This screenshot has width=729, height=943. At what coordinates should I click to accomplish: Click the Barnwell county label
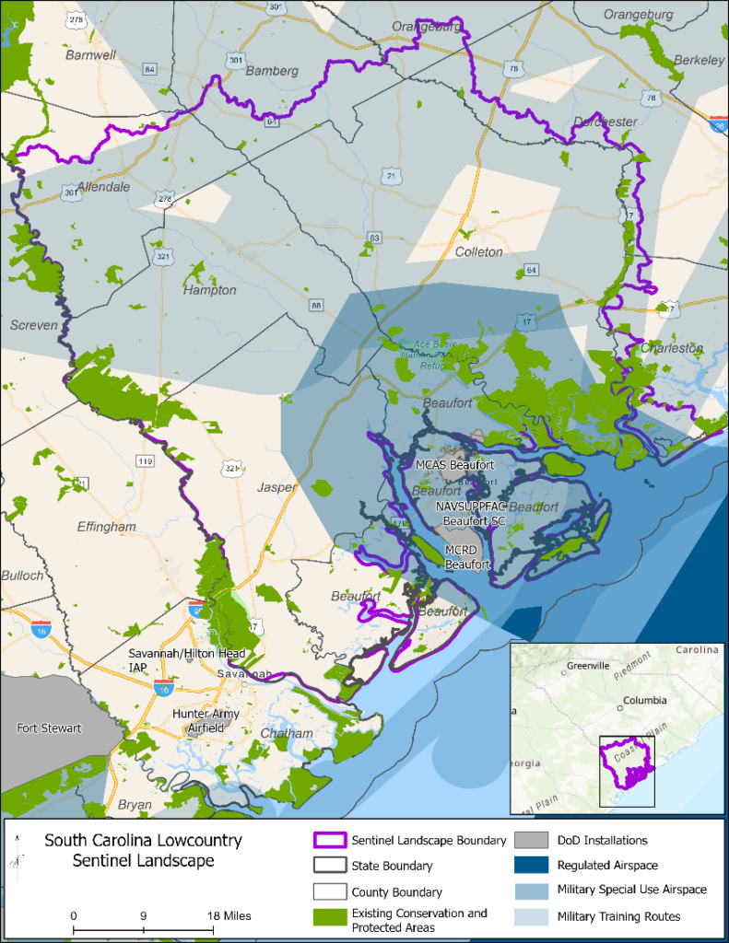[x=91, y=54]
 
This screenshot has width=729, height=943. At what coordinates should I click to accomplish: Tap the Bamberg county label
[x=273, y=71]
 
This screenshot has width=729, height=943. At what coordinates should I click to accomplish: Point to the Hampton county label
[x=210, y=290]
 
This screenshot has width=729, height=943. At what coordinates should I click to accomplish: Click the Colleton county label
[x=479, y=251]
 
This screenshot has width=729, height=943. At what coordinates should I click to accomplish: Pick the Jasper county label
[x=278, y=487]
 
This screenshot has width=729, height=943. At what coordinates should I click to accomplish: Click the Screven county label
[x=34, y=325]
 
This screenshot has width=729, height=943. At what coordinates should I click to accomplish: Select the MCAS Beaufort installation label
[x=449, y=465]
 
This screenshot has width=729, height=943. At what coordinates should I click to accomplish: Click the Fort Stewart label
[x=49, y=728]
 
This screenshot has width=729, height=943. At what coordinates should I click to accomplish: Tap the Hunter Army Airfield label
[x=206, y=720]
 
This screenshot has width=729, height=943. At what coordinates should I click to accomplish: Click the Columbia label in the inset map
[x=643, y=700]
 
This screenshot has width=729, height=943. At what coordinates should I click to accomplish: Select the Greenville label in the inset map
[x=587, y=665]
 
